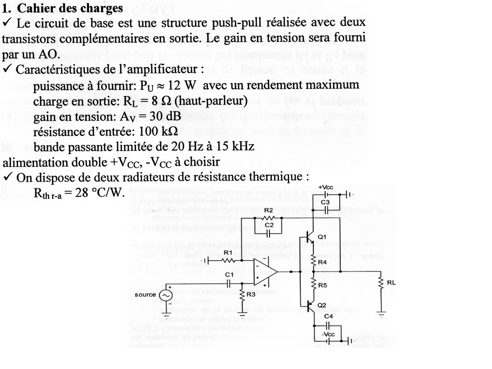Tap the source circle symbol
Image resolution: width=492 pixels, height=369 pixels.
166,295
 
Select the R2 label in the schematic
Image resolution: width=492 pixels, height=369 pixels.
269,211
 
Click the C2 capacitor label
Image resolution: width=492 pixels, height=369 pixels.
269,225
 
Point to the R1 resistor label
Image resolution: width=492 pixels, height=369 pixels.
228,252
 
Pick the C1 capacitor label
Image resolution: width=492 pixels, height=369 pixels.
229,274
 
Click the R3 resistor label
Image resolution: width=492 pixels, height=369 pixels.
251,295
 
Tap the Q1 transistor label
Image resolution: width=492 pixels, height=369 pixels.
322,237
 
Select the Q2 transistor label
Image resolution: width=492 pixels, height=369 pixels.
322,305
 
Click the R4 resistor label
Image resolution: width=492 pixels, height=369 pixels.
322,262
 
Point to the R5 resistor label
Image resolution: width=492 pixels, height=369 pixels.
322,285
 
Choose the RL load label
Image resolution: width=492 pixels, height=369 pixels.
391,283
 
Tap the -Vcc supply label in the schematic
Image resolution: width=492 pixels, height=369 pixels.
328,334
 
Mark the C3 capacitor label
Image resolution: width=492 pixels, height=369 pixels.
325,202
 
